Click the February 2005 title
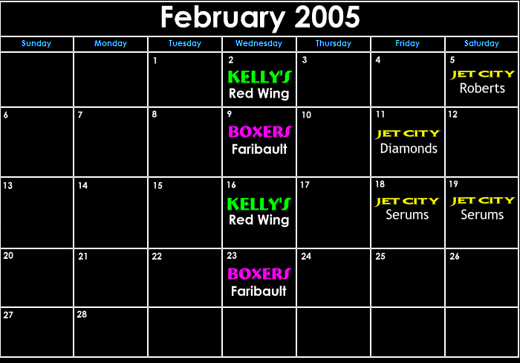tap(260, 17)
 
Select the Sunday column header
tap(36, 43)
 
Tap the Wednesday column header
tap(259, 43)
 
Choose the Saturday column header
tap(481, 43)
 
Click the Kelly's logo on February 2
tap(260, 77)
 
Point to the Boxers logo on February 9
tap(260, 132)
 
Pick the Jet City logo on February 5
tap(483, 74)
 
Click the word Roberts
tap(482, 89)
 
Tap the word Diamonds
tap(409, 149)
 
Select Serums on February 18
tap(407, 215)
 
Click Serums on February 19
tap(482, 215)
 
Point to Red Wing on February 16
tap(259, 220)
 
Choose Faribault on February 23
tap(259, 292)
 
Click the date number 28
tap(82, 314)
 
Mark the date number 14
tap(83, 185)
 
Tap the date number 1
tap(155, 61)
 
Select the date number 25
tap(380, 257)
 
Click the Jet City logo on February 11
tap(409, 134)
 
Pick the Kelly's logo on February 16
tap(259, 204)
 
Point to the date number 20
tap(8, 255)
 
